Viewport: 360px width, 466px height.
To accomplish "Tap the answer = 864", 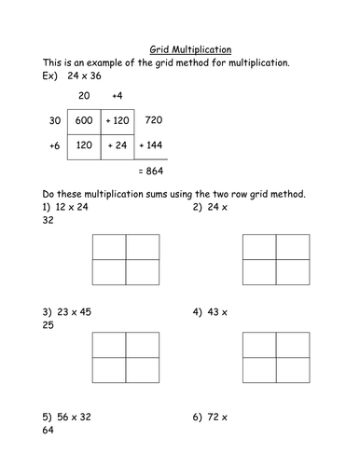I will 155,173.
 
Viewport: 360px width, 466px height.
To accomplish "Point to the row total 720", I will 155,120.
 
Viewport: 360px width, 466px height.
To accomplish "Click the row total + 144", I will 154,146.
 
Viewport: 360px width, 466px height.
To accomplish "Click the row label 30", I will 53,120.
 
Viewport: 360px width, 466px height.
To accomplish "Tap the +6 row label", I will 52,146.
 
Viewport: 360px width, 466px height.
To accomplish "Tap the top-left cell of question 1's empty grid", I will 109,246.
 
